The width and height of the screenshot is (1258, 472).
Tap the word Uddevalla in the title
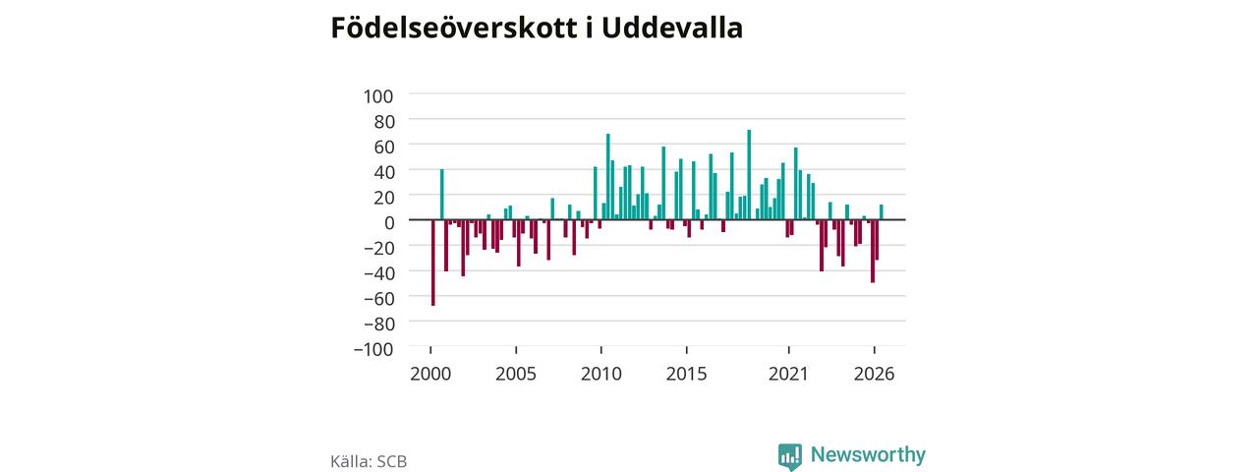click(672, 28)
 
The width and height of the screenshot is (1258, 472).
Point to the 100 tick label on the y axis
click(378, 96)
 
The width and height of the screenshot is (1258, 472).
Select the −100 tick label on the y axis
click(373, 349)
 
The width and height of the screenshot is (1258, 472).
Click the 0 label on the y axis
click(388, 223)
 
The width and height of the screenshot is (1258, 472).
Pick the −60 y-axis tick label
click(379, 299)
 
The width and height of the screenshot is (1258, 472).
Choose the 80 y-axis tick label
click(383, 122)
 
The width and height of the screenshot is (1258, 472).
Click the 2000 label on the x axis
click(430, 375)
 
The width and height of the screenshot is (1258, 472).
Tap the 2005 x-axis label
click(516, 375)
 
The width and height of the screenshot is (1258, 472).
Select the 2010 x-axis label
click(600, 375)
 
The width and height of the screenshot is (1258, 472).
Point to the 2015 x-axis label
click(686, 375)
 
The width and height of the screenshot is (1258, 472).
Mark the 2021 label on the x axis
click(788, 375)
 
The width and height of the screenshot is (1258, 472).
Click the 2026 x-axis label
click(874, 375)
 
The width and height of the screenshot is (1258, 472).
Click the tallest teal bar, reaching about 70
click(749, 175)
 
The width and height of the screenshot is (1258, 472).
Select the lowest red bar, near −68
click(433, 263)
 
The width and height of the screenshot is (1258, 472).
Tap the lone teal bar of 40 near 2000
click(442, 195)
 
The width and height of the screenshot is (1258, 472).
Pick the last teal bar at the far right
click(882, 212)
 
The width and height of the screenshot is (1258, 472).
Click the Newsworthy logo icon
click(790, 457)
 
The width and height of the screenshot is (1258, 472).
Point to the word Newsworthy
click(868, 454)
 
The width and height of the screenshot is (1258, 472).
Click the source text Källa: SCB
click(369, 462)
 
